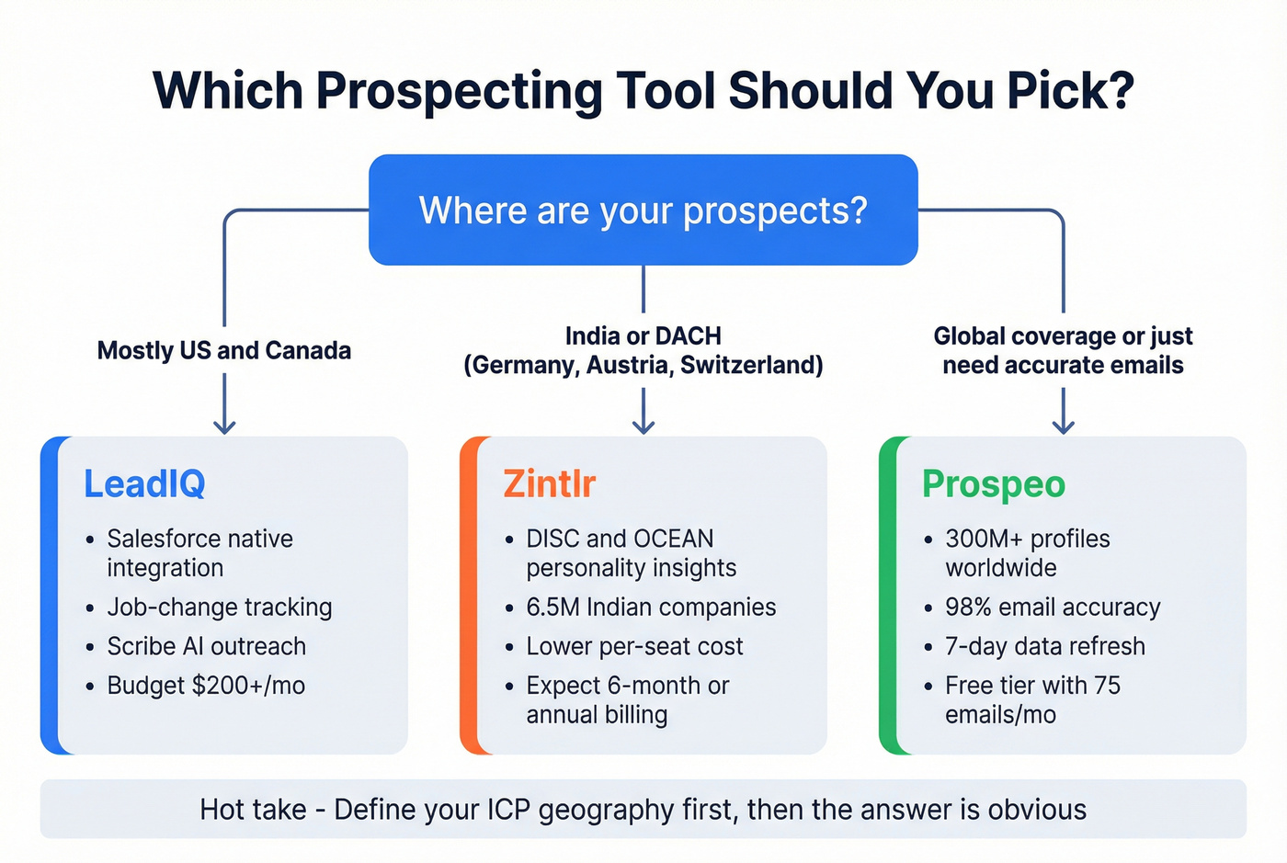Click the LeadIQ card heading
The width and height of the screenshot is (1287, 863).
tap(144, 484)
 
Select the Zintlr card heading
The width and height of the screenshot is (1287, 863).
tap(549, 484)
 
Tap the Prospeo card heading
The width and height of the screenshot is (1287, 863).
tap(993, 484)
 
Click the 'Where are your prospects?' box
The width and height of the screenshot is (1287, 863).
tap(643, 210)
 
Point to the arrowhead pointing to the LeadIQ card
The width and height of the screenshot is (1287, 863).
tap(224, 426)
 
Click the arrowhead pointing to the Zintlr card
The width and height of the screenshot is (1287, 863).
tap(643, 426)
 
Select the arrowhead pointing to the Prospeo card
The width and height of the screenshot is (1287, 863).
tap(1063, 426)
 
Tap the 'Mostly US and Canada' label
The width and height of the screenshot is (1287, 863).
tap(224, 350)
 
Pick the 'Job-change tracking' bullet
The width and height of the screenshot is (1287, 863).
tap(219, 608)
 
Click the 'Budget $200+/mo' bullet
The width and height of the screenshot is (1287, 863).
tap(206, 686)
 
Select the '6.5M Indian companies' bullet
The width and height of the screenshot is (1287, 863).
tap(650, 608)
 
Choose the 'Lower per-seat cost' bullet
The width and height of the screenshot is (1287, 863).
tap(634, 646)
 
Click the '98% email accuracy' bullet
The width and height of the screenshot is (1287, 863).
tap(1053, 608)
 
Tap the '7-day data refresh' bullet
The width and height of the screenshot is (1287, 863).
tap(1044, 646)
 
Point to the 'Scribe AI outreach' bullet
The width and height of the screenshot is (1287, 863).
tap(206, 646)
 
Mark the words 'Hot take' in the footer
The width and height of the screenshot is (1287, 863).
tap(253, 810)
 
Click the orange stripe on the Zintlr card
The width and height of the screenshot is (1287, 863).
tap(468, 596)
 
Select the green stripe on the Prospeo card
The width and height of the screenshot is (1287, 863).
tap(887, 596)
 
